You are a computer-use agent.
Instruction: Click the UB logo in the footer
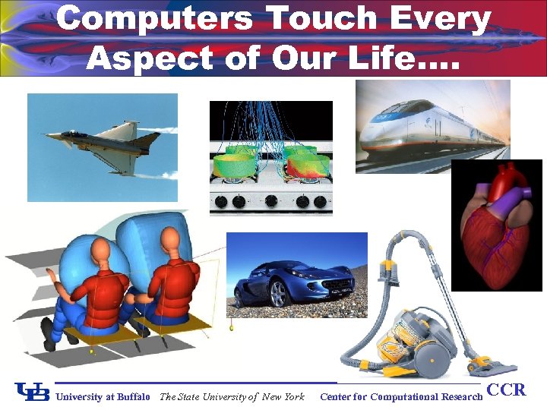point(32,393)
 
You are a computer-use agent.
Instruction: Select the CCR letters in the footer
point(506,390)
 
